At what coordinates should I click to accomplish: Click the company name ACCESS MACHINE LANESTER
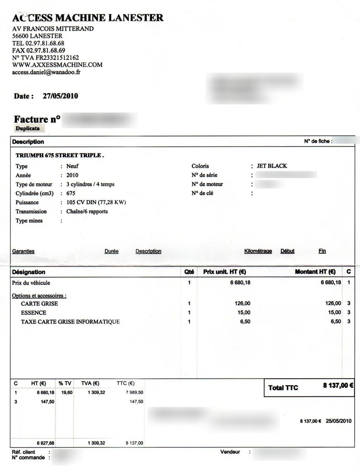click(x=88, y=17)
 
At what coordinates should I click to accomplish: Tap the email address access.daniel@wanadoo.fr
click(x=46, y=72)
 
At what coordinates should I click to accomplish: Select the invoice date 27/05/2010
click(x=60, y=96)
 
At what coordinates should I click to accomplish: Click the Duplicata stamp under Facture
click(x=28, y=128)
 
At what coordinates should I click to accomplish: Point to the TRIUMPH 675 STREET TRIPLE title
click(x=60, y=155)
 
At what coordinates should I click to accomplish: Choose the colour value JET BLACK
click(x=272, y=166)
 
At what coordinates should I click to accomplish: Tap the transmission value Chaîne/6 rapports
click(x=87, y=211)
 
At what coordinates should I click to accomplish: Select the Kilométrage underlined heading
click(x=258, y=251)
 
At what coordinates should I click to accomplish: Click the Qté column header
click(x=189, y=272)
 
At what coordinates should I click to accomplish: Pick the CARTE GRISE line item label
click(x=39, y=304)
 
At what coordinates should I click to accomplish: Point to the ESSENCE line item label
click(x=33, y=313)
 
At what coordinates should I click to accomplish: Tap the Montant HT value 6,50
click(x=336, y=322)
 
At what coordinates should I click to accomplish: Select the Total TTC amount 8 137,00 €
click(x=338, y=385)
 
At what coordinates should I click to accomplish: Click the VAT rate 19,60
click(x=67, y=393)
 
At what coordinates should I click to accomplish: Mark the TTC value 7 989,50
click(x=134, y=393)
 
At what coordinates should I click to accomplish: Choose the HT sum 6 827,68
click(x=45, y=443)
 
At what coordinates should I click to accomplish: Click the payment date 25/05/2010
click(x=339, y=421)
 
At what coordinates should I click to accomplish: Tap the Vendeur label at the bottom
click(x=230, y=452)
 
